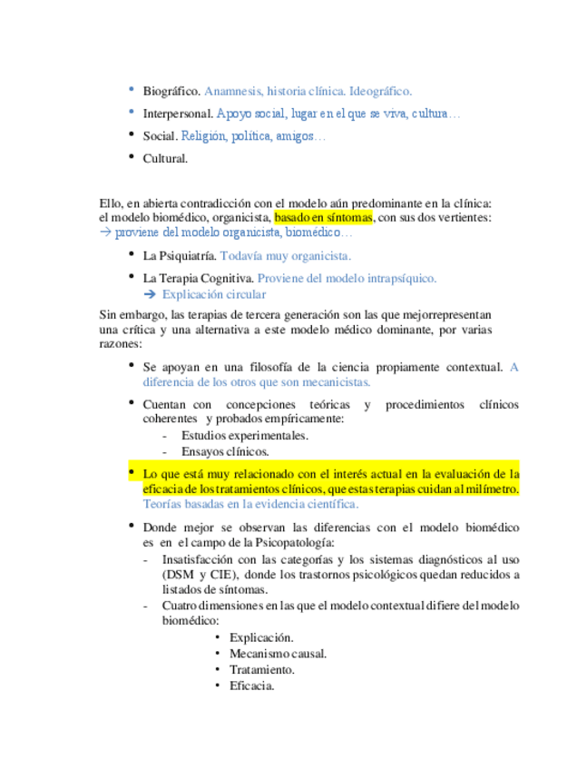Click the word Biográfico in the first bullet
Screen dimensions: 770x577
pyautogui.click(x=171, y=91)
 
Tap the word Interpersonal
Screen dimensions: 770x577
pyautogui.click(x=178, y=114)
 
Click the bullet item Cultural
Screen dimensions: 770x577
pyautogui.click(x=165, y=159)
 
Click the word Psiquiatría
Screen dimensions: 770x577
pyautogui.click(x=189, y=256)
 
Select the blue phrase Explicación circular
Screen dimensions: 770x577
pyautogui.click(x=214, y=294)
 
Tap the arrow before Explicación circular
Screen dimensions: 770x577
pyautogui.click(x=151, y=294)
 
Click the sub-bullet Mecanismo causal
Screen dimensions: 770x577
pyautogui.click(x=278, y=654)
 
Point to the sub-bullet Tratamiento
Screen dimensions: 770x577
pyautogui.click(x=261, y=670)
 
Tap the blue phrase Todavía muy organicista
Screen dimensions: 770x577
pyautogui.click(x=286, y=256)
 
